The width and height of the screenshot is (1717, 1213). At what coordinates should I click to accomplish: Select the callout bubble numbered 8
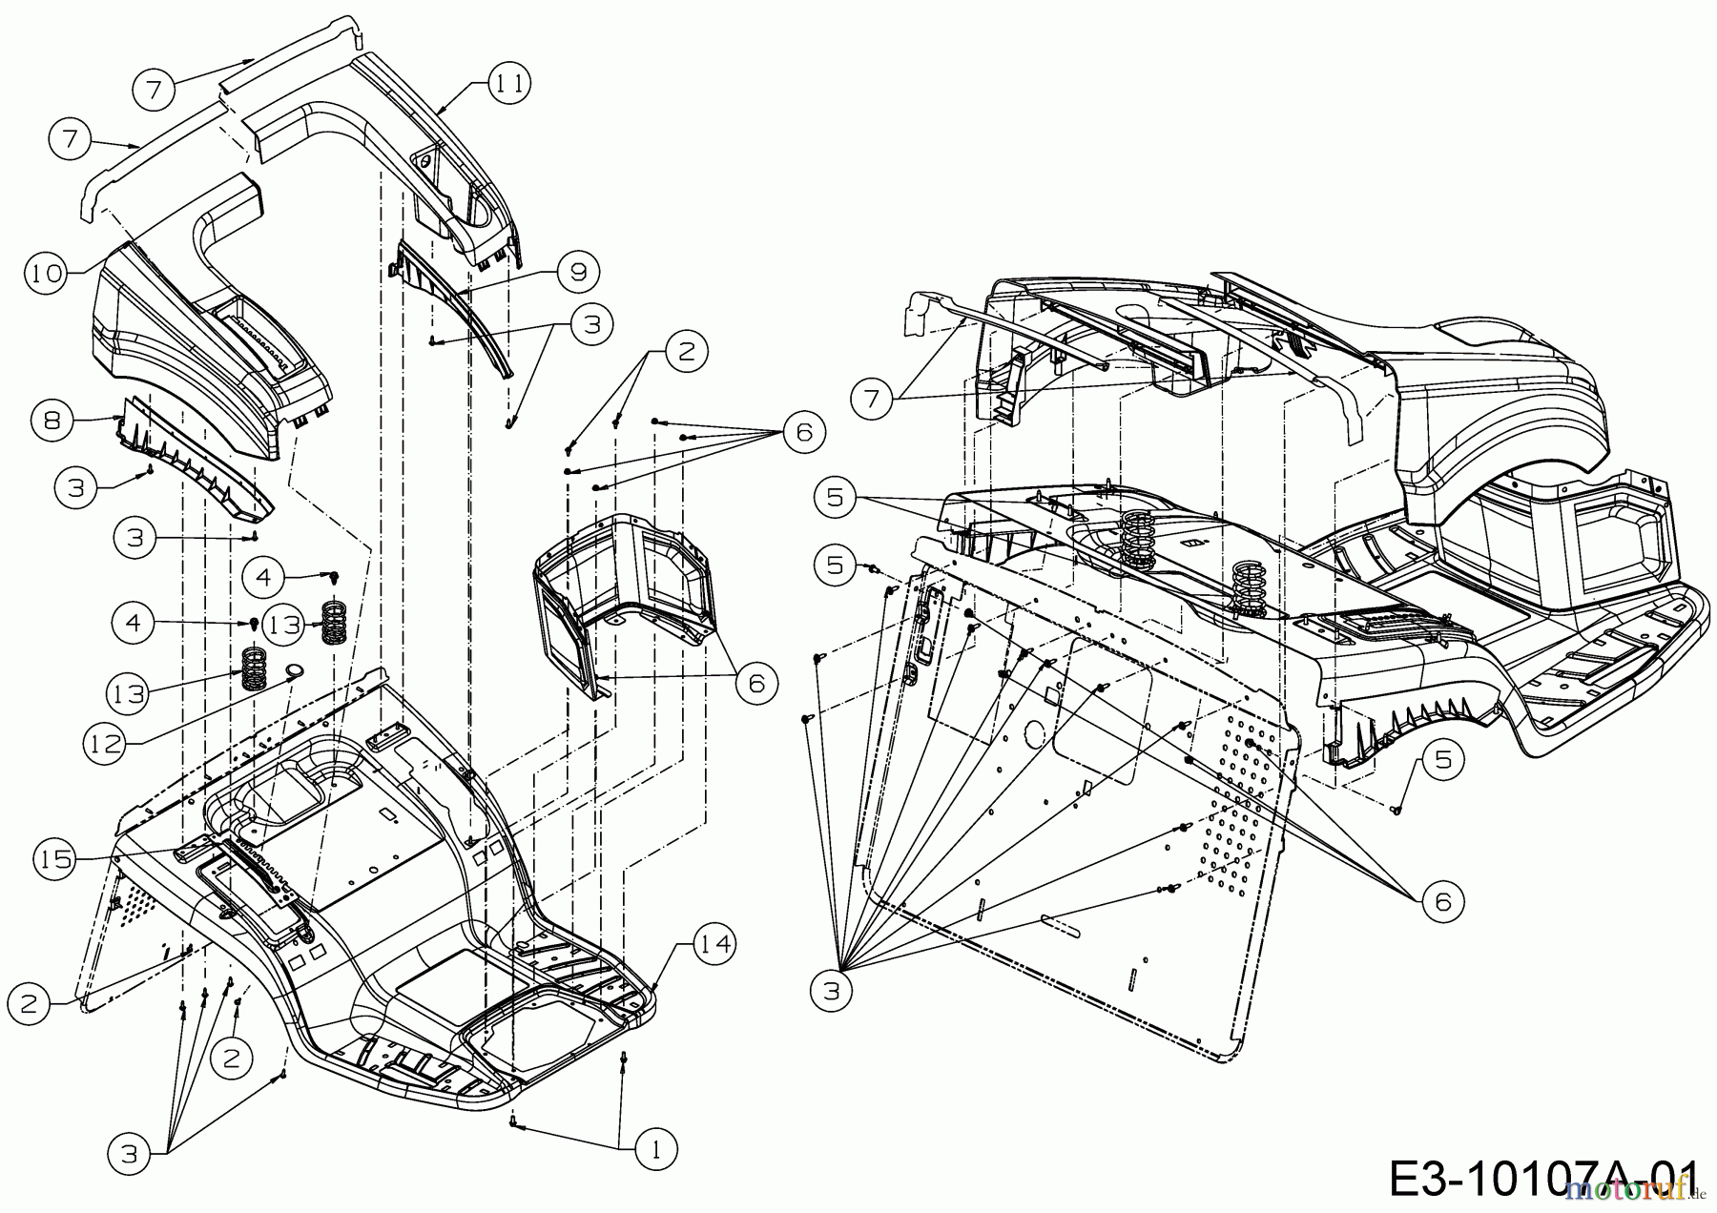52,420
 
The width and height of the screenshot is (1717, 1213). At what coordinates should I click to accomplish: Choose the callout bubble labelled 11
508,84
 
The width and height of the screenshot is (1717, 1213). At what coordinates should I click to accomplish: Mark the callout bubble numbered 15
56,859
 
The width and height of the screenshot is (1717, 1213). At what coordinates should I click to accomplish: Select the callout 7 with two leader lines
871,399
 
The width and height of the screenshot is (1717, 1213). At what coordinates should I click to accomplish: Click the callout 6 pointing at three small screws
803,433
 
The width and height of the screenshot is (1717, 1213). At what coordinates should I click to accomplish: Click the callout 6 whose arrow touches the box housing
755,683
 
